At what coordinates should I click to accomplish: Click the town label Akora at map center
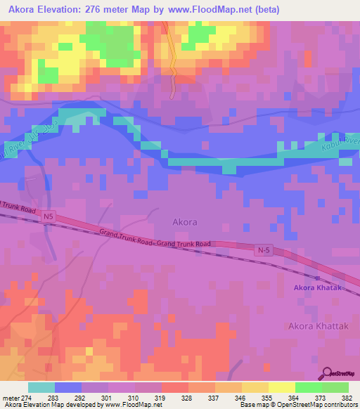point(184,222)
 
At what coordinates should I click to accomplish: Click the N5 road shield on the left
point(48,218)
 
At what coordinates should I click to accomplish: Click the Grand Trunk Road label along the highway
point(155,238)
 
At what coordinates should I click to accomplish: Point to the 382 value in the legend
point(348,397)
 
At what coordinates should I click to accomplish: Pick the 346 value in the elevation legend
point(240,397)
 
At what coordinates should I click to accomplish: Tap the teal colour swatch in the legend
point(41,387)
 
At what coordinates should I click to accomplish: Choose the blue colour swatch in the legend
point(68,387)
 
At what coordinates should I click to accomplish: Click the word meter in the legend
point(13,397)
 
